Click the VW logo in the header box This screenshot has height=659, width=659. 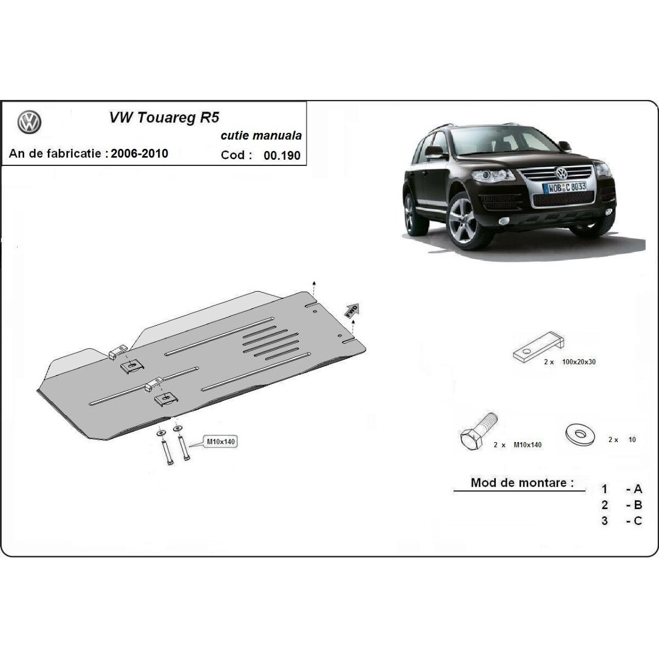pos(30,122)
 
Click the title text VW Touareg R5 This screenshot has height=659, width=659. pos(164,118)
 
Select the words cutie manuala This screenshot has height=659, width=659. pos(261,136)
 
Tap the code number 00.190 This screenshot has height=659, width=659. pos(282,155)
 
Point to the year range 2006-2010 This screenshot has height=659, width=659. pos(139,153)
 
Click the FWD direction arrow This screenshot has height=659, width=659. pos(353,310)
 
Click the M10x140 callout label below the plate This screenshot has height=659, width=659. pos(221,442)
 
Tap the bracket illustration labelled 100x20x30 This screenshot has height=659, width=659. pos(538,347)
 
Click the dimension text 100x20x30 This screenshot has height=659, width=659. pos(579,362)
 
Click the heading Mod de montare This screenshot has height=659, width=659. pos(522,483)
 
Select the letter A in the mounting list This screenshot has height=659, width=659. pos(638,489)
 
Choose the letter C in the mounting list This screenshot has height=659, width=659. pos(638,521)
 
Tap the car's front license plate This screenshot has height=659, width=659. pos(565,187)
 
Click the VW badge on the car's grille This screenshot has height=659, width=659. pos(561,172)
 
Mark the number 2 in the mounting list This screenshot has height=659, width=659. pos(605,505)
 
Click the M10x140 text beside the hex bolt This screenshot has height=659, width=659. pos(527,445)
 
